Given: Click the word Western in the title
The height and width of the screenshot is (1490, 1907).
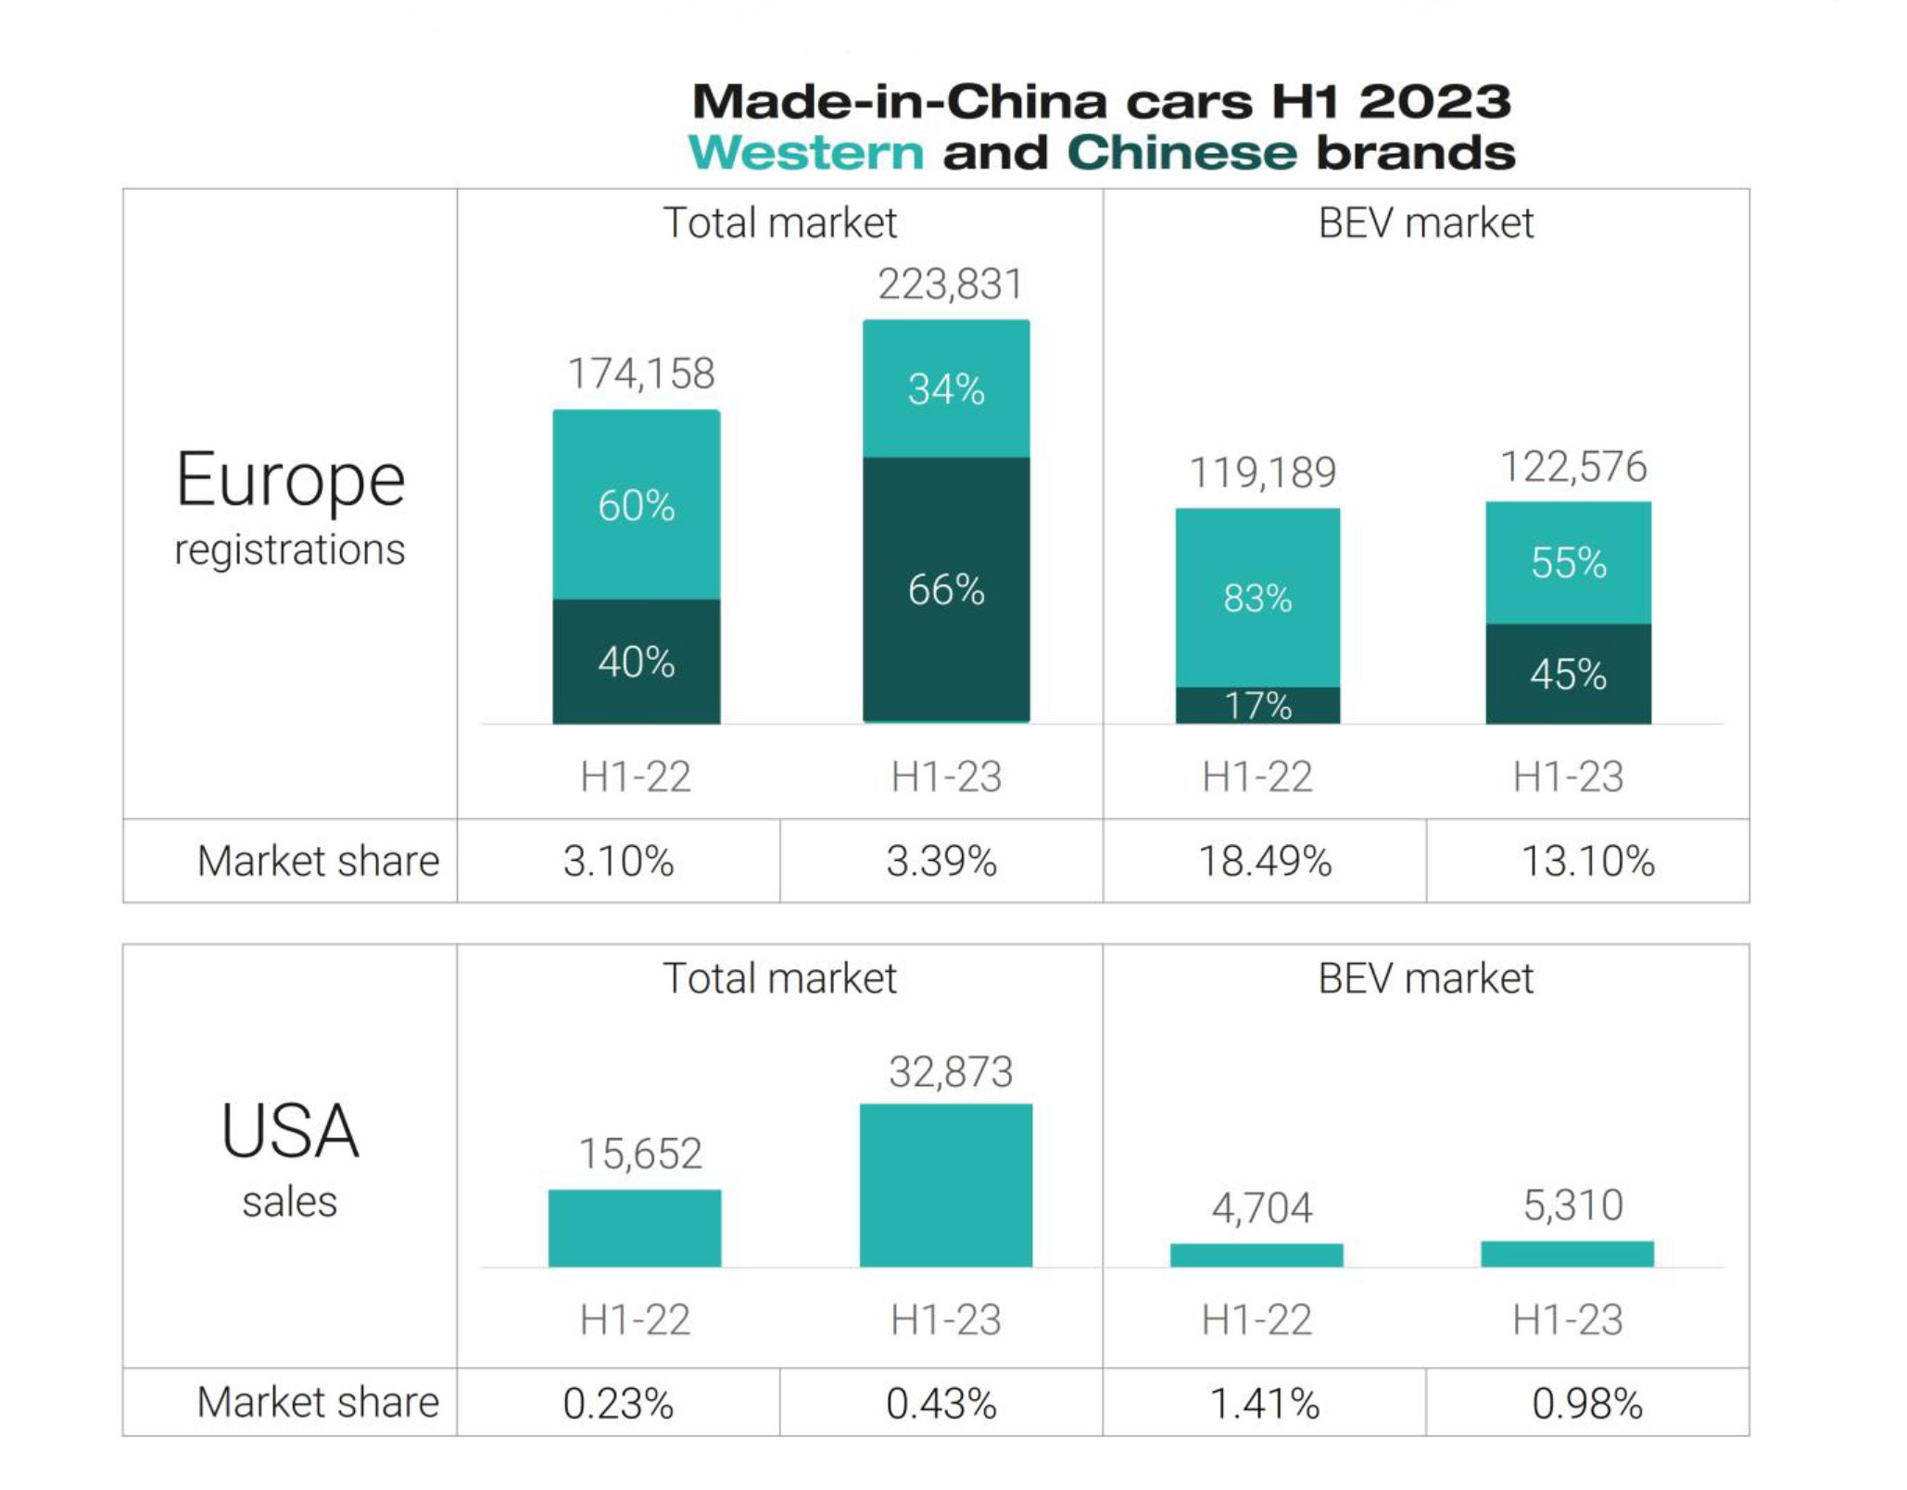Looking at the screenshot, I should [805, 153].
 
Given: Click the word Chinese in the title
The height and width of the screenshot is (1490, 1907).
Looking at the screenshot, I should [1181, 153].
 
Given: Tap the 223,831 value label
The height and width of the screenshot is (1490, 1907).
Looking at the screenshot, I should [950, 284].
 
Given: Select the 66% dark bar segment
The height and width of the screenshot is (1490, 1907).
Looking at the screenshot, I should [946, 589].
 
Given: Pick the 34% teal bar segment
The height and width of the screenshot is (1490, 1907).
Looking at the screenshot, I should [946, 388].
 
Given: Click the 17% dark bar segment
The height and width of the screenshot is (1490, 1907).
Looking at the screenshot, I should [1257, 705].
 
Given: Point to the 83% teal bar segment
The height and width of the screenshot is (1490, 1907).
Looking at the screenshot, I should [1257, 598].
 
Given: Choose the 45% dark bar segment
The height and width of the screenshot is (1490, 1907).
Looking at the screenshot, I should [1568, 674].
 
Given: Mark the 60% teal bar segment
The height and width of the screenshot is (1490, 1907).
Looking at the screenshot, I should [637, 505].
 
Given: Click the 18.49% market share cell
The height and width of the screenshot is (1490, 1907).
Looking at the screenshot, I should [1265, 861].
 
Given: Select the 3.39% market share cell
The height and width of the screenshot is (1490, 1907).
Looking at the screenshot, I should [941, 861].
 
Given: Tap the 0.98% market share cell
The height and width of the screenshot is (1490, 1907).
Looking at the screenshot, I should [1587, 1403].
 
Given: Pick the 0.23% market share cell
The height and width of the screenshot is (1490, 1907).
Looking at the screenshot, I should [618, 1403].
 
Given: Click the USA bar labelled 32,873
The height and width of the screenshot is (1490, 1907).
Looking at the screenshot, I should [946, 1185].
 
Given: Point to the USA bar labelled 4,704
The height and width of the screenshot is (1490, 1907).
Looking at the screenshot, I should [1257, 1255].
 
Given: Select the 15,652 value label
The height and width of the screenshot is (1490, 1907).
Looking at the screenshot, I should [640, 1154].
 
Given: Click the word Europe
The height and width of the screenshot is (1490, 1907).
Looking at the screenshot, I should [290, 480].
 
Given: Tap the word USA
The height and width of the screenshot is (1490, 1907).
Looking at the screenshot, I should [290, 1131].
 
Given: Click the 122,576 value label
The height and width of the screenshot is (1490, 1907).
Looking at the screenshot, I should [1573, 467].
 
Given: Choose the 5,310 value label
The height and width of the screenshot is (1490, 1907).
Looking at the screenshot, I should [1573, 1205].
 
